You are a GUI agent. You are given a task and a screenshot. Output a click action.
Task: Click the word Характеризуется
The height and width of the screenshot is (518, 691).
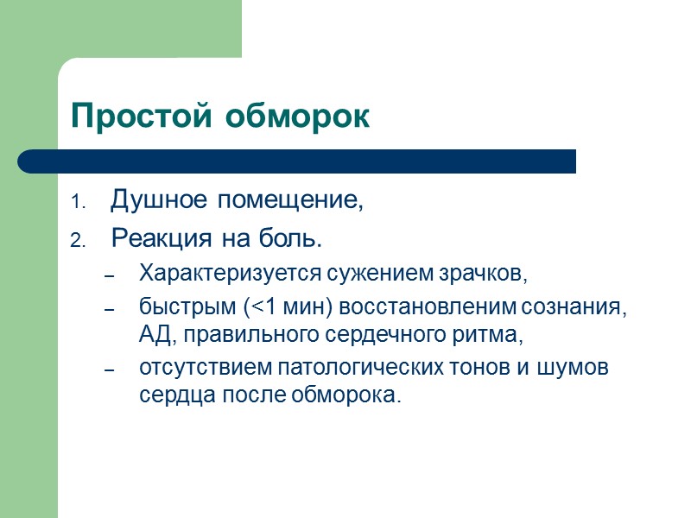(230, 275)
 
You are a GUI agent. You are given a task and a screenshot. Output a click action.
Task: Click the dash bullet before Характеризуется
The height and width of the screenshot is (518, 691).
(109, 276)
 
